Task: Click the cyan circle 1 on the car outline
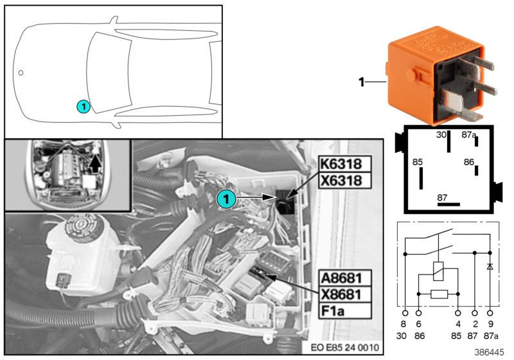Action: pyautogui.click(x=84, y=105)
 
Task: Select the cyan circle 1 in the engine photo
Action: pyautogui.click(x=225, y=200)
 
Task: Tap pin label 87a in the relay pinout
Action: pyautogui.click(x=469, y=134)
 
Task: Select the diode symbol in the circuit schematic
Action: pyautogui.click(x=490, y=265)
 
